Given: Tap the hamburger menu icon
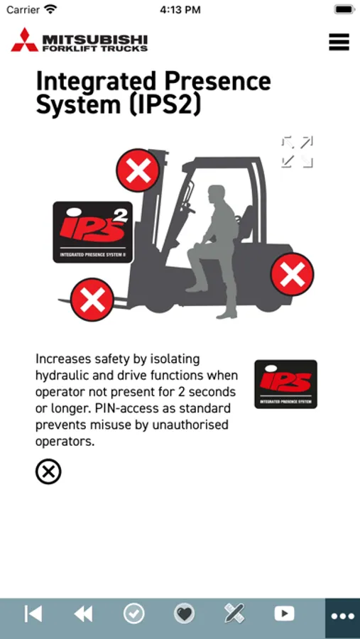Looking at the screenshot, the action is [339, 42].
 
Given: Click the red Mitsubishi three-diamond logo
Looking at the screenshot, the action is [24, 40].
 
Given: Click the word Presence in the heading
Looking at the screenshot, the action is [219, 80].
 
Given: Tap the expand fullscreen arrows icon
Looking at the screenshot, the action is [298, 152].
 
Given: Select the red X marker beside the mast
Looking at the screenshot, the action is [138, 170].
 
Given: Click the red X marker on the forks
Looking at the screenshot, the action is [92, 300].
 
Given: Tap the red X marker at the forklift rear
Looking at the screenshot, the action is [293, 274].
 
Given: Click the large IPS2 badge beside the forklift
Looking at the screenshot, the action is [93, 232].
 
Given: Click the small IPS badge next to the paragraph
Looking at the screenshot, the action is [285, 384].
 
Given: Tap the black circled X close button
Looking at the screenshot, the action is [48, 472].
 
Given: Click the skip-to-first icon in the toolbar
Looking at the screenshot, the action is [33, 613].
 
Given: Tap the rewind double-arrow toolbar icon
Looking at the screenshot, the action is [83, 613].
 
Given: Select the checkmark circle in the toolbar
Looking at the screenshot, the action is [133, 613].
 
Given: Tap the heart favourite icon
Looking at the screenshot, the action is [185, 613].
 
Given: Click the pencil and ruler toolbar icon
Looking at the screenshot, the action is [234, 613].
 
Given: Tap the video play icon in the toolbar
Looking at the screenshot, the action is [285, 613].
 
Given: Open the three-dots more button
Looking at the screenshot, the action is [343, 616].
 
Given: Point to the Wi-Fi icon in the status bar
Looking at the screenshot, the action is [50, 9].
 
